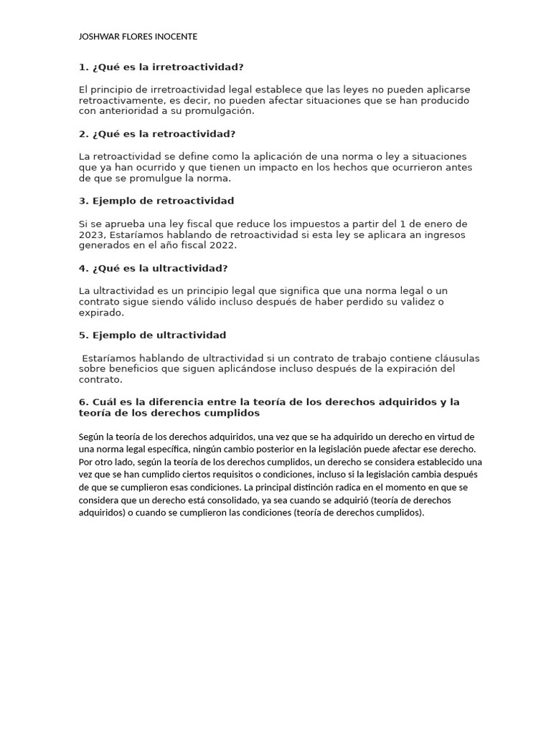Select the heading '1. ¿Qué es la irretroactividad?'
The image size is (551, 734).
pos(161,67)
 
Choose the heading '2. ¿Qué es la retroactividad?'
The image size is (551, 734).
pos(157,134)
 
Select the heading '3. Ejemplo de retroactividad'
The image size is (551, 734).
pos(156,201)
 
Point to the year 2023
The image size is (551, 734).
pos(91,234)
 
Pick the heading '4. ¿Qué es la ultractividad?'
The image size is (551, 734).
pos(154,268)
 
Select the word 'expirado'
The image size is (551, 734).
pos(100,313)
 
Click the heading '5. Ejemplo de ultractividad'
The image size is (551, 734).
pos(152,335)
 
